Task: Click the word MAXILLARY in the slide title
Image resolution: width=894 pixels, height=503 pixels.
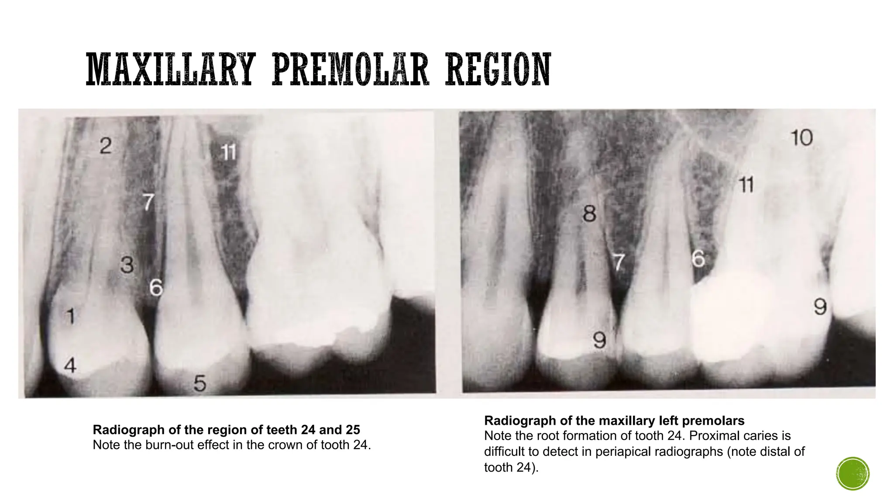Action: coord(170,69)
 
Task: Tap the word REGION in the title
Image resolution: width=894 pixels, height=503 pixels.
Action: coord(498,69)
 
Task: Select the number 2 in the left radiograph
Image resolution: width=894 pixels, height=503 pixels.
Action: coord(106,146)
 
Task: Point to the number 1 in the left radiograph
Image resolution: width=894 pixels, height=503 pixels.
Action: coord(70,317)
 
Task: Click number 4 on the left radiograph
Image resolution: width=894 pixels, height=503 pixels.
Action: coord(70,365)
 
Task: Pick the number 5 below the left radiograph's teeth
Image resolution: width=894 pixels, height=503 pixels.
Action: coord(199,383)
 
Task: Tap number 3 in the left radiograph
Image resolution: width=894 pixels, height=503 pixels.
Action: coord(127,265)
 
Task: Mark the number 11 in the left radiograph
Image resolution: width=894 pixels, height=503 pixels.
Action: coord(228,152)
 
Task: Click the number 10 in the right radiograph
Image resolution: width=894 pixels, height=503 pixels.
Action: coord(801,138)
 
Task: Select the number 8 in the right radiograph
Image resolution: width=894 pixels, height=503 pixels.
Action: coord(589,214)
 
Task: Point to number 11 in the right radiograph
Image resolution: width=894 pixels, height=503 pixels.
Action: coord(746,185)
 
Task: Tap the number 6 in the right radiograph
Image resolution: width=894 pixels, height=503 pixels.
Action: coord(698,259)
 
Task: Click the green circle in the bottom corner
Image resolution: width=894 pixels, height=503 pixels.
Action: coord(853,474)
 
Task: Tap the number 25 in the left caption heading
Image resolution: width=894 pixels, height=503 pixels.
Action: coord(353,430)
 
